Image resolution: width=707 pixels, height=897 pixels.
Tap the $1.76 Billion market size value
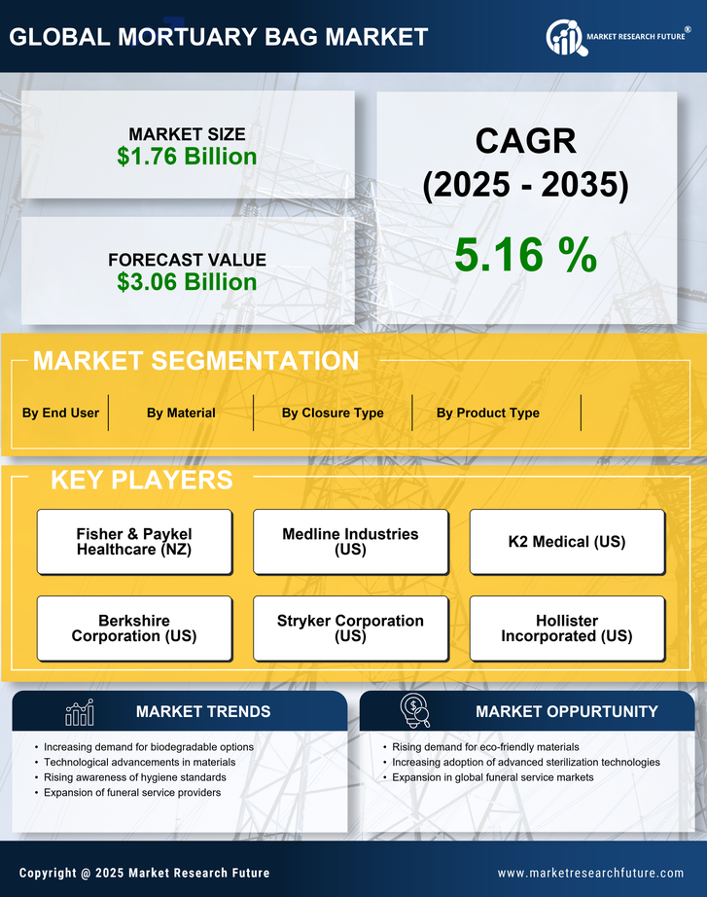(x=187, y=157)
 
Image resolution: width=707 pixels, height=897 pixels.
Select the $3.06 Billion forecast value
(x=187, y=282)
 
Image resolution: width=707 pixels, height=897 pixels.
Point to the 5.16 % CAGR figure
(x=525, y=255)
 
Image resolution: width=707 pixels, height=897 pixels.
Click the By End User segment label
(x=60, y=413)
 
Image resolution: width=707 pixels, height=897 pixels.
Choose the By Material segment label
(x=181, y=413)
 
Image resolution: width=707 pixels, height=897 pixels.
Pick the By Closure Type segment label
(x=333, y=413)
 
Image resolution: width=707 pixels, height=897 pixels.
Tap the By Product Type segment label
(x=487, y=413)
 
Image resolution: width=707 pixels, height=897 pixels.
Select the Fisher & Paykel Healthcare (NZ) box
(x=134, y=542)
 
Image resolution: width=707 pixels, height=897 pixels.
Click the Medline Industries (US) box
(x=350, y=542)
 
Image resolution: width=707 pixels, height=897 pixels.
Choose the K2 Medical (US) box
(x=567, y=542)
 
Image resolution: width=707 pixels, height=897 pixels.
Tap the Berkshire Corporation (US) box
(x=134, y=628)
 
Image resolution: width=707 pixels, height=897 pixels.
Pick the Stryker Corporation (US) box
(x=350, y=628)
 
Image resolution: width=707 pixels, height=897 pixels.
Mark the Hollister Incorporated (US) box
(x=567, y=628)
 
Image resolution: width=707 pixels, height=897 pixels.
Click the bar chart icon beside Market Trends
(x=79, y=712)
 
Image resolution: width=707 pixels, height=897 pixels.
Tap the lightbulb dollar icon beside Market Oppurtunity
(x=416, y=711)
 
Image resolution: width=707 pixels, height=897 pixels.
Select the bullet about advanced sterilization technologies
(x=526, y=763)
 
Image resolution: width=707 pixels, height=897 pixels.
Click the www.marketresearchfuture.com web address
(x=590, y=873)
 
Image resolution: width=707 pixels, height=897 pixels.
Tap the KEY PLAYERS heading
(x=141, y=480)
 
